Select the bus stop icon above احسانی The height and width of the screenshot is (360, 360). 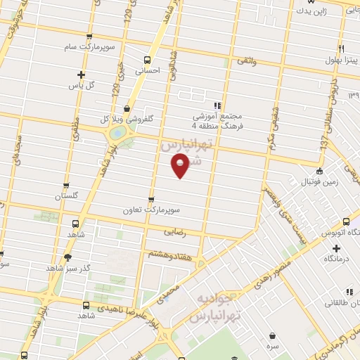tap(148, 59)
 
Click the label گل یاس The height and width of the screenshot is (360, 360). tap(81, 84)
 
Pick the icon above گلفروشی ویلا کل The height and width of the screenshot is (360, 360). tap(126, 108)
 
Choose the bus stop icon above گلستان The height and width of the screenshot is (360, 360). tap(66, 186)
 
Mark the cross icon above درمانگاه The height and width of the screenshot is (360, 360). tap(337, 248)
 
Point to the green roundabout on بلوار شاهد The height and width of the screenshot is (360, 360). tap(117, 131)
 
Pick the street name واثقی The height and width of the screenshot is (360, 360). tap(247, 63)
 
